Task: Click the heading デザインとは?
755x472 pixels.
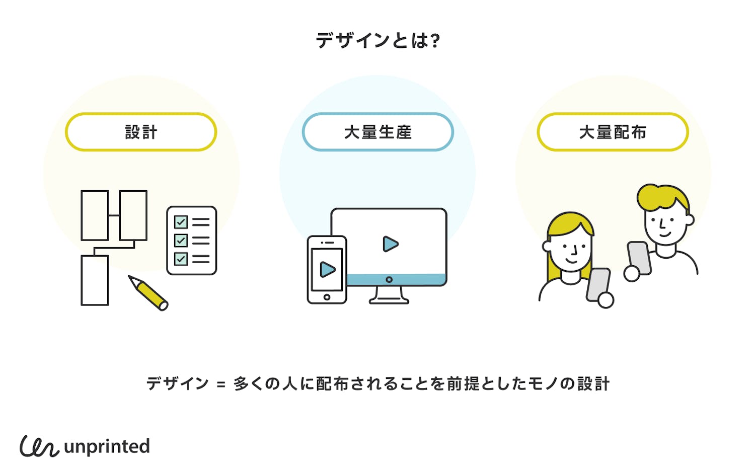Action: (x=377, y=40)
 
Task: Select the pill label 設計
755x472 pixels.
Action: (x=141, y=132)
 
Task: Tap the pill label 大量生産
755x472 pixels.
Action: (x=377, y=132)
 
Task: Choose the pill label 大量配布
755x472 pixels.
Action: (x=613, y=132)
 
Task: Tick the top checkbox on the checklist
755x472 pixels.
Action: (x=181, y=222)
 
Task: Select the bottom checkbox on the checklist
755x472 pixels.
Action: (x=181, y=259)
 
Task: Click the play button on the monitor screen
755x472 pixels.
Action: (x=390, y=244)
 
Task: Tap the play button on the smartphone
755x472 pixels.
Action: (x=327, y=270)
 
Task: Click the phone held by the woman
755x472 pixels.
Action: (x=598, y=284)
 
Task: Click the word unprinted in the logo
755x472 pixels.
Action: (x=107, y=447)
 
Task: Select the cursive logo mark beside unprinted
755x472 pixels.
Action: (x=39, y=446)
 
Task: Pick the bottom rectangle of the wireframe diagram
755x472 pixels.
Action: (x=95, y=280)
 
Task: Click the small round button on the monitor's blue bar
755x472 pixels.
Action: (x=389, y=279)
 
